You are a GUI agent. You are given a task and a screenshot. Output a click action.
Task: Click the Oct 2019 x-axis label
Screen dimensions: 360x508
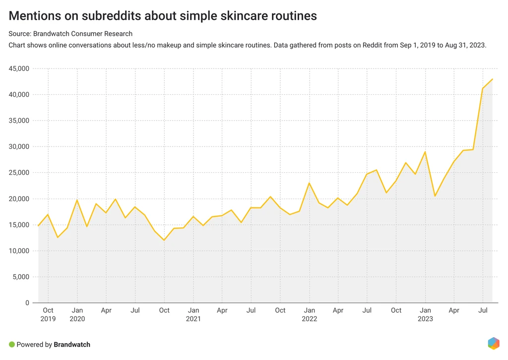pyautogui.click(x=48, y=314)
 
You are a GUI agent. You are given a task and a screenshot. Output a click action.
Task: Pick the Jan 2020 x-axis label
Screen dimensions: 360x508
pyautogui.click(x=77, y=314)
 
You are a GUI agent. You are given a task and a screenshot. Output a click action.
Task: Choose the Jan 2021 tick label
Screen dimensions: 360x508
pyautogui.click(x=193, y=314)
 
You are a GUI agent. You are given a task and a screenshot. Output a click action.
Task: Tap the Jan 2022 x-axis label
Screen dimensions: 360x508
pyautogui.click(x=309, y=314)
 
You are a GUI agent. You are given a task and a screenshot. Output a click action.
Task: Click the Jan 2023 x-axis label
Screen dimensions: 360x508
pyautogui.click(x=425, y=314)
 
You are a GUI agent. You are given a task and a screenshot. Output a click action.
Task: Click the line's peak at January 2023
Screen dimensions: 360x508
pyautogui.click(x=425, y=152)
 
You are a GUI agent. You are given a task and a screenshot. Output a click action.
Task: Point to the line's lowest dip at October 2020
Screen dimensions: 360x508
pyautogui.click(x=164, y=240)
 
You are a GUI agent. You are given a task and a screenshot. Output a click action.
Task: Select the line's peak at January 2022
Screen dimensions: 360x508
pyautogui.click(x=309, y=183)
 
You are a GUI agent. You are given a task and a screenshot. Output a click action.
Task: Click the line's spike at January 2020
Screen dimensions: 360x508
pyautogui.click(x=77, y=200)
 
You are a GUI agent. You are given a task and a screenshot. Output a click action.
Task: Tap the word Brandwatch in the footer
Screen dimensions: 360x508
pyautogui.click(x=72, y=344)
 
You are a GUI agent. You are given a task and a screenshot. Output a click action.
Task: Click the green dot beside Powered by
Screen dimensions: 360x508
pyautogui.click(x=12, y=344)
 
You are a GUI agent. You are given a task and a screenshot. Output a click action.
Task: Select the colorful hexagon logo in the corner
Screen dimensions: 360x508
pyautogui.click(x=493, y=343)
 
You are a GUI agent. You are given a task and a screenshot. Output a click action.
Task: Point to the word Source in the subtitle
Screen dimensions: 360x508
pyautogui.click(x=19, y=34)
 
